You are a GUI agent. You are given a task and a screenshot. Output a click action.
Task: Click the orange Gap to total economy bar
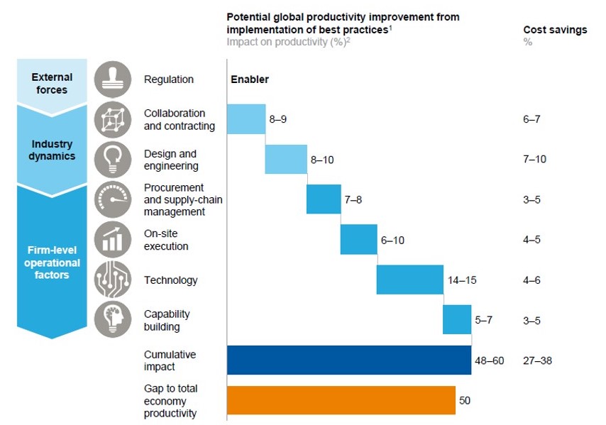pyautogui.click(x=341, y=400)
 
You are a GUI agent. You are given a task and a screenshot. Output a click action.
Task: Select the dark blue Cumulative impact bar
pyautogui.click(x=349, y=360)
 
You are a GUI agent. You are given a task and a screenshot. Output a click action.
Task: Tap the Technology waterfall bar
pyautogui.click(x=410, y=280)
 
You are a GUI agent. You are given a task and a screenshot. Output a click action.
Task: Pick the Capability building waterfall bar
pyautogui.click(x=457, y=319)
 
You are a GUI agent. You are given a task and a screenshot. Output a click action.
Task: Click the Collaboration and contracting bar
pyautogui.click(x=246, y=119)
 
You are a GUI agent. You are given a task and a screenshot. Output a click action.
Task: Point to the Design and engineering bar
pyautogui.click(x=286, y=159)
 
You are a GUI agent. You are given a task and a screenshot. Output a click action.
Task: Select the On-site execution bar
pyautogui.click(x=358, y=240)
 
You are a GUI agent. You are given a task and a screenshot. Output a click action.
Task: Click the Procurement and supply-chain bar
pyautogui.click(x=324, y=199)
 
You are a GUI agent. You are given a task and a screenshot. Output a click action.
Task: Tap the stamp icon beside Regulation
pyautogui.click(x=113, y=79)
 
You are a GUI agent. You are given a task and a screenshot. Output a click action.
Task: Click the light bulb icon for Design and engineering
pyautogui.click(x=113, y=159)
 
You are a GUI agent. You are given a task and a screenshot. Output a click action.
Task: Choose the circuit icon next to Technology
pyautogui.click(x=113, y=280)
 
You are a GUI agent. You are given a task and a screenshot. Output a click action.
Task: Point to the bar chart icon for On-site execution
pyautogui.click(x=113, y=240)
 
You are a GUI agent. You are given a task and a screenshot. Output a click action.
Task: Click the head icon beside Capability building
pyautogui.click(x=113, y=319)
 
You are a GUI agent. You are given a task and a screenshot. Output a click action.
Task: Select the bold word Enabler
pyautogui.click(x=250, y=79)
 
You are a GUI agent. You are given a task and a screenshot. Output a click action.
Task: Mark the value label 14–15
pyautogui.click(x=462, y=280)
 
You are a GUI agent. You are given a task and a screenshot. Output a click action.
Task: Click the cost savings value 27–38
pyautogui.click(x=538, y=360)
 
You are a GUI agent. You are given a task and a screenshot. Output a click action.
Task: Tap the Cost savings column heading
pyautogui.click(x=555, y=30)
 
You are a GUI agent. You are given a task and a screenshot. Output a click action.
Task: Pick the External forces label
pyautogui.click(x=52, y=84)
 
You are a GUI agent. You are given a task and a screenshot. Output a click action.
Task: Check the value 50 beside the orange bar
pyautogui.click(x=465, y=400)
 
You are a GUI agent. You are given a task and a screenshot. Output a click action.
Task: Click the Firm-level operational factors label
pyautogui.click(x=52, y=263)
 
